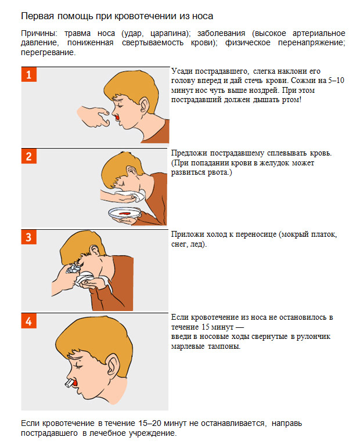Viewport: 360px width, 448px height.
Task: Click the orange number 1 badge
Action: pyautogui.click(x=29, y=75)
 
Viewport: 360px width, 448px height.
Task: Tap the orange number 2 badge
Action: pyautogui.click(x=29, y=156)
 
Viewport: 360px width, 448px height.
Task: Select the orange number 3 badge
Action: pyautogui.click(x=29, y=237)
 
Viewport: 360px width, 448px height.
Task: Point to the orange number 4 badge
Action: pyautogui.click(x=29, y=321)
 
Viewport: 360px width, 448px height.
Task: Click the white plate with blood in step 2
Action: pyautogui.click(x=125, y=213)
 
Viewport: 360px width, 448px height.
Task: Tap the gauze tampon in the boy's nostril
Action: pyautogui.click(x=69, y=384)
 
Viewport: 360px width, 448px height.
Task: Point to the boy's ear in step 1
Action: pyautogui.click(x=144, y=105)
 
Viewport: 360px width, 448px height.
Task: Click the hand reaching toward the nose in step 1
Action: pyautogui.click(x=93, y=116)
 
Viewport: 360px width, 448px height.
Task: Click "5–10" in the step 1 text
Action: pyautogui.click(x=336, y=81)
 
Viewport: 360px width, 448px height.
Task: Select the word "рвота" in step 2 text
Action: pyautogui.click(x=218, y=172)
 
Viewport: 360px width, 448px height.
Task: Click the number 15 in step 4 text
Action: pyautogui.click(x=206, y=327)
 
